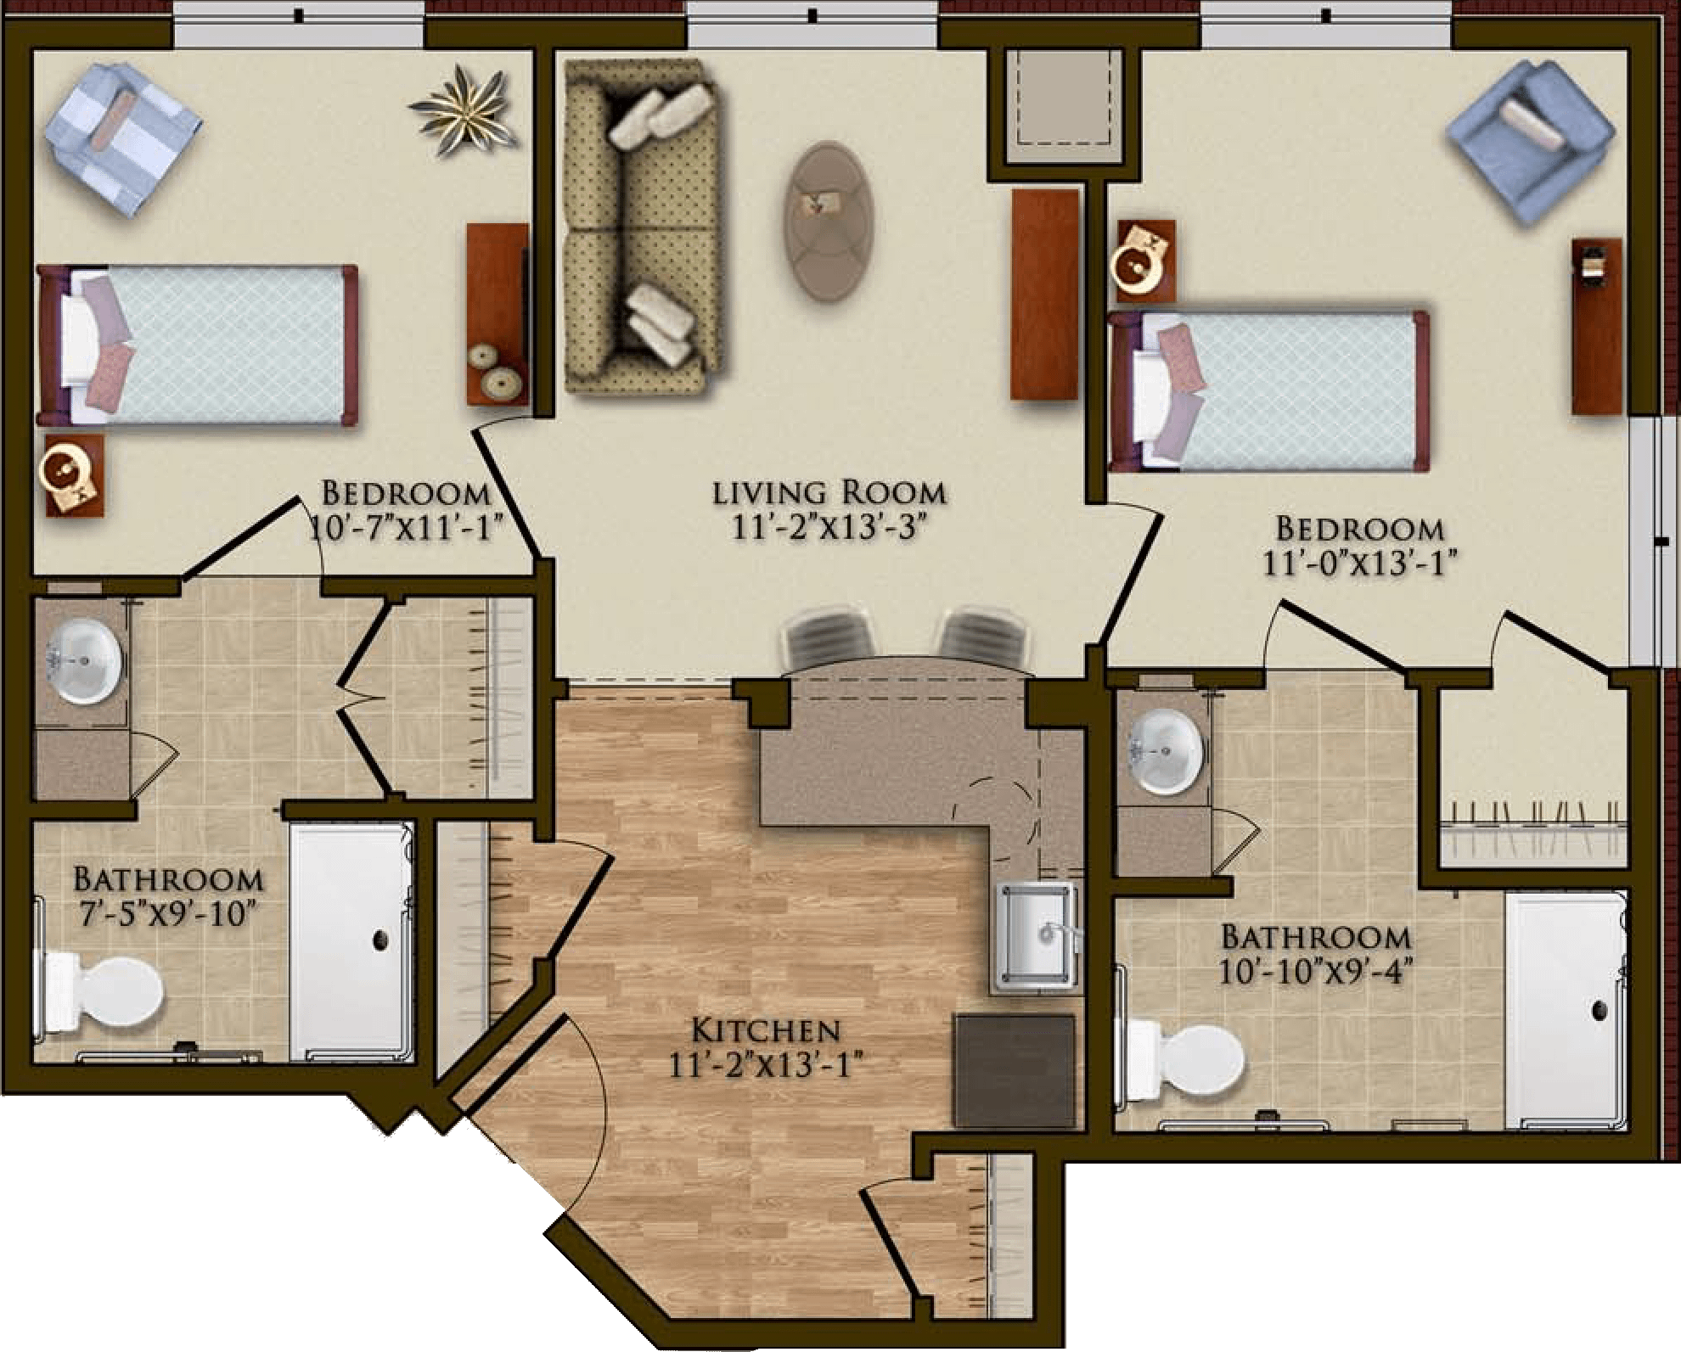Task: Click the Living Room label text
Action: pyautogui.click(x=829, y=492)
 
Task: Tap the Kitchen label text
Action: pyautogui.click(x=767, y=1031)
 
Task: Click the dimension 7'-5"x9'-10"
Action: pyautogui.click(x=166, y=914)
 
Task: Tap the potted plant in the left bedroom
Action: pyautogui.click(x=464, y=110)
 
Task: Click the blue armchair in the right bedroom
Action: pyautogui.click(x=1530, y=140)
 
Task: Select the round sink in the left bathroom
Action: pyautogui.click(x=83, y=662)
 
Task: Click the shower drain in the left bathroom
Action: pyautogui.click(x=379, y=940)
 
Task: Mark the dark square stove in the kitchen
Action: pyautogui.click(x=1014, y=1071)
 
